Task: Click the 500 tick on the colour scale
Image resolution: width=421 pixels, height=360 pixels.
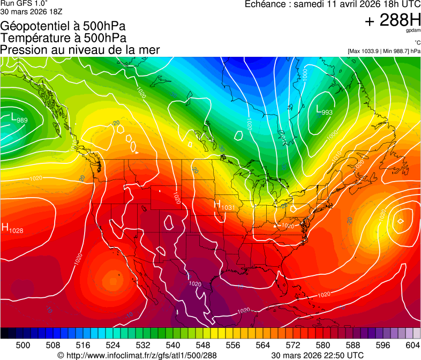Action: tap(23, 345)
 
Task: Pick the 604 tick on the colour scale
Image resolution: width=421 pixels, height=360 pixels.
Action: tap(412, 345)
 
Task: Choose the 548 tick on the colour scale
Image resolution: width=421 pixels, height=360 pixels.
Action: tap(203, 345)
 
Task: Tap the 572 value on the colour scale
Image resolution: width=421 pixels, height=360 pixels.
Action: tap(293, 345)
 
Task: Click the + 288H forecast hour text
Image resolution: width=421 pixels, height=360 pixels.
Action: tap(393, 20)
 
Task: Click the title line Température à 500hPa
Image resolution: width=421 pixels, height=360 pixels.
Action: tap(63, 37)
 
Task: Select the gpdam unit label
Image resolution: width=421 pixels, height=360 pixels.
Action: tap(413, 31)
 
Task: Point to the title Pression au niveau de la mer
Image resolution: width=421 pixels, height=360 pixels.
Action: tap(80, 50)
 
